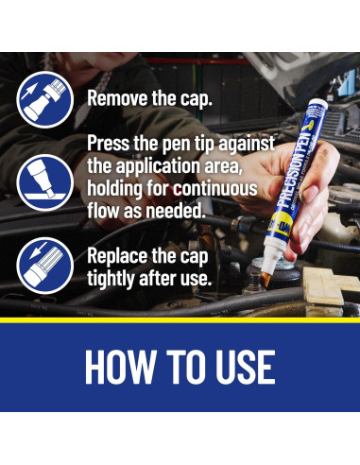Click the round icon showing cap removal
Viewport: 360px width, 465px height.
click(45, 99)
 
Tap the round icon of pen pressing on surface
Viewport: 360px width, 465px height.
click(45, 182)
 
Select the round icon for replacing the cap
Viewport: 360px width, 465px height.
click(45, 266)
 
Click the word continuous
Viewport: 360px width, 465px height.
click(215, 188)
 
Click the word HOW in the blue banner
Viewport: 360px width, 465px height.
click(121, 367)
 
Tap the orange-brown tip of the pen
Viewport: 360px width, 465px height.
click(266, 279)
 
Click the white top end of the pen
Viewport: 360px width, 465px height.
click(318, 104)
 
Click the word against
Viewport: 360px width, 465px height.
click(247, 144)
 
